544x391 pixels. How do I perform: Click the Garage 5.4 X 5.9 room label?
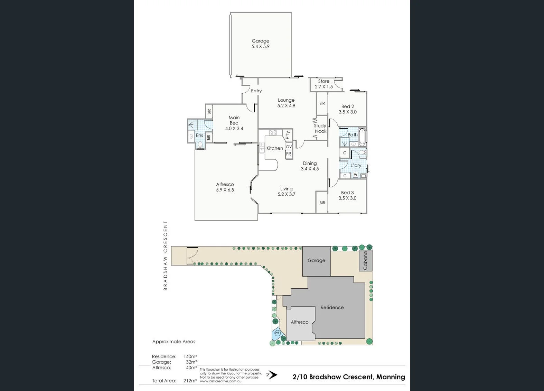[260, 44]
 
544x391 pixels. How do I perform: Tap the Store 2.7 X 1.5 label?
[324, 84]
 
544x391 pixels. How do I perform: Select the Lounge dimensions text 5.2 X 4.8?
[286, 106]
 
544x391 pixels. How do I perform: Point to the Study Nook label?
[320, 129]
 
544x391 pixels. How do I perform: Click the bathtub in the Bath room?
[362, 137]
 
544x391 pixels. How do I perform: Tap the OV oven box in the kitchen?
[289, 147]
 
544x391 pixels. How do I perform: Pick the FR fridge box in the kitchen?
[289, 154]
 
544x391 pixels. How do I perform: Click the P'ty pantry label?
[288, 135]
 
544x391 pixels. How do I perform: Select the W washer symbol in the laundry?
[356, 175]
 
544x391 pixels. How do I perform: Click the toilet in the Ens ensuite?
[200, 145]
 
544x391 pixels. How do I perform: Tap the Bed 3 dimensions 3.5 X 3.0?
[348, 198]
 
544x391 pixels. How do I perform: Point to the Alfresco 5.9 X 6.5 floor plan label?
[225, 187]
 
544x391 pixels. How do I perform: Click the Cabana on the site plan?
[366, 260]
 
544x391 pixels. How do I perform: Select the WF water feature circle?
[277, 333]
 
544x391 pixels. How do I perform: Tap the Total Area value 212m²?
[190, 381]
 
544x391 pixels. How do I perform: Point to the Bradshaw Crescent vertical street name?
[166, 256]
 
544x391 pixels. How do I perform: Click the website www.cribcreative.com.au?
[221, 381]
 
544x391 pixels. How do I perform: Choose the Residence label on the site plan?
[332, 307]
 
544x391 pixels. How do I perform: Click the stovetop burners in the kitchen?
[273, 133]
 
